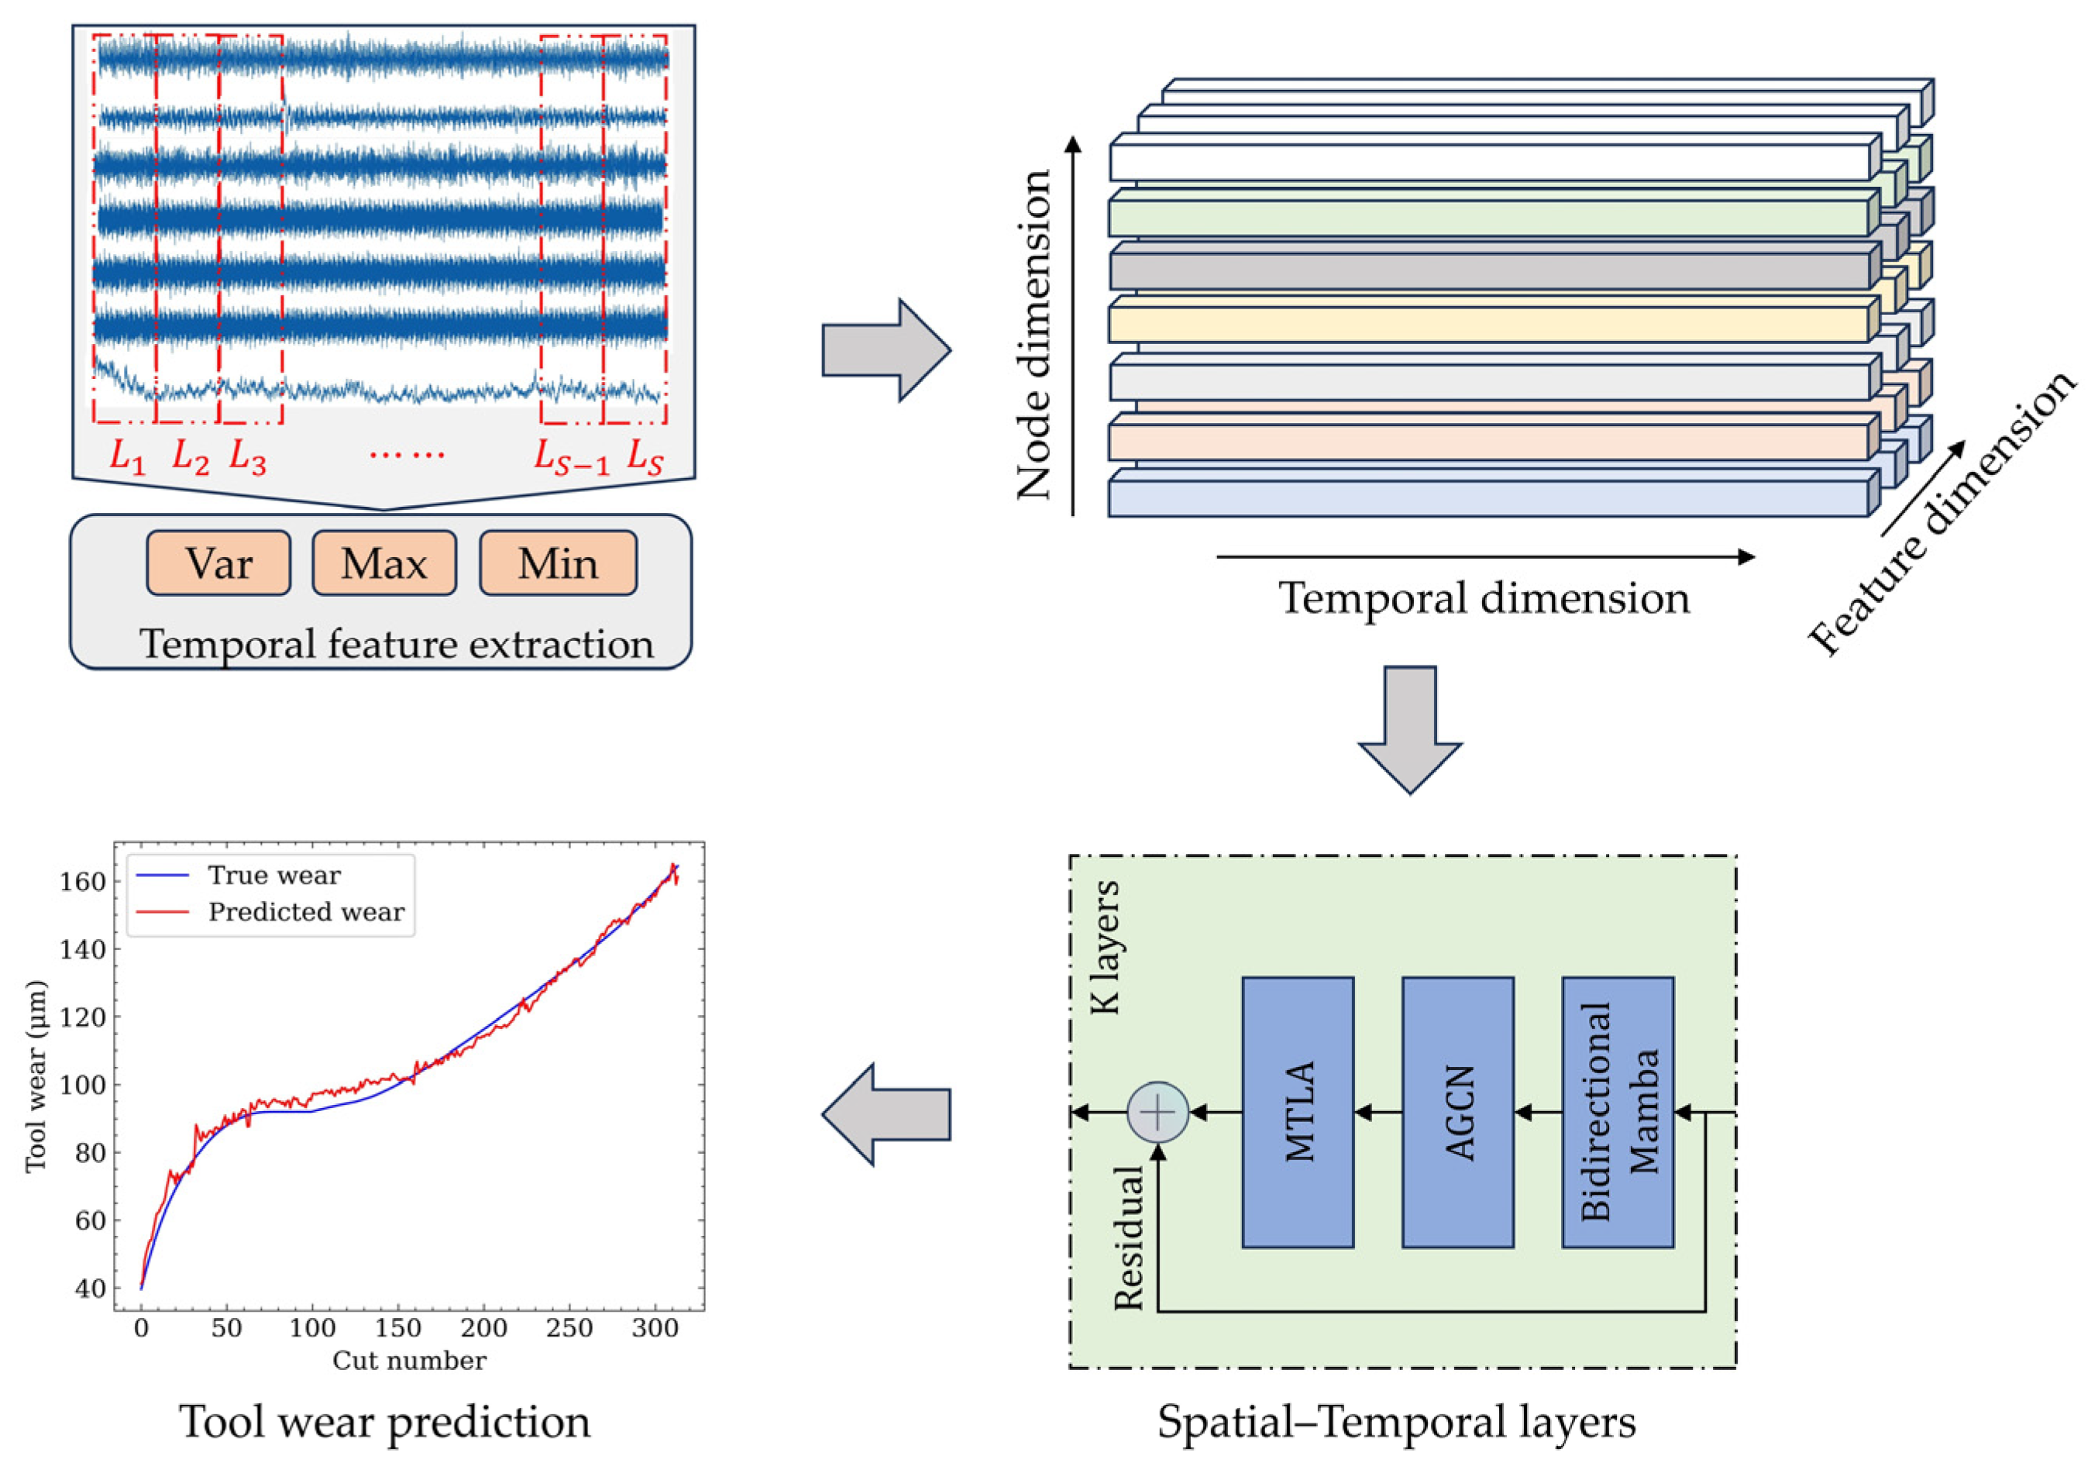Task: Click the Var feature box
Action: (x=218, y=564)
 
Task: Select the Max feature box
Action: (x=383, y=564)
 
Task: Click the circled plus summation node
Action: (x=1157, y=1113)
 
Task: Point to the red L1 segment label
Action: (x=127, y=456)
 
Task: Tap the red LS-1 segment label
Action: (x=571, y=457)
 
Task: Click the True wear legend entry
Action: (x=273, y=876)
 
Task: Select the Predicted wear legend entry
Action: (x=305, y=912)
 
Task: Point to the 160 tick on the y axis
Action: (x=82, y=882)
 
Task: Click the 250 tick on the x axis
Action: (x=569, y=1328)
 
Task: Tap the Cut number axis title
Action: (x=409, y=1361)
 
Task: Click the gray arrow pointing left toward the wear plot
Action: (x=886, y=1114)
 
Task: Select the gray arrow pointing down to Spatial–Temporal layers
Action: (x=1410, y=728)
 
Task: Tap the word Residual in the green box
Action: (x=1130, y=1238)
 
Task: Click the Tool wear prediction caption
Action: (x=385, y=1422)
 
